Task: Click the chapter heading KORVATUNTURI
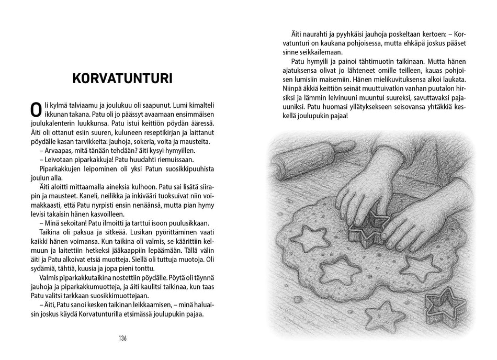123,78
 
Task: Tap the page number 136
123,338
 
